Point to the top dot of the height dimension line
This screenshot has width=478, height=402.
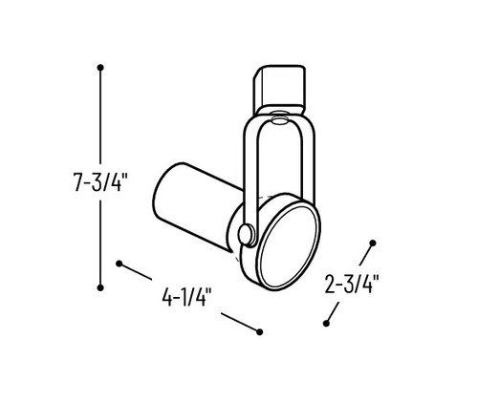(x=100, y=67)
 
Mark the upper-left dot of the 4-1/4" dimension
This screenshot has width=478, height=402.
(x=119, y=261)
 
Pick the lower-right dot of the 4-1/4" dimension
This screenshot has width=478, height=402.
(x=259, y=330)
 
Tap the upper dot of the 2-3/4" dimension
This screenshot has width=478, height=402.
(x=373, y=243)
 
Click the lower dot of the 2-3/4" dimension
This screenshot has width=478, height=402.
(x=327, y=323)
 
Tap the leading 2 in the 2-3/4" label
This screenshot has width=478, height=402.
(x=331, y=284)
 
